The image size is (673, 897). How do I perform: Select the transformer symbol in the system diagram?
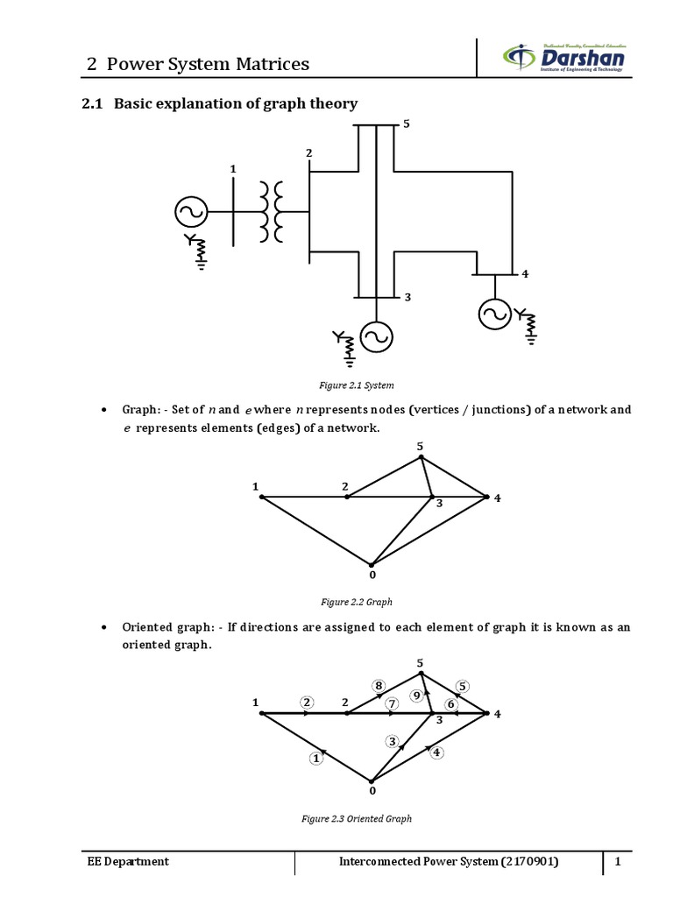272,212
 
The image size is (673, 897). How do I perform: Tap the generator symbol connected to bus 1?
190,211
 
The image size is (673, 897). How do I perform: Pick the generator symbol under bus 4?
494,313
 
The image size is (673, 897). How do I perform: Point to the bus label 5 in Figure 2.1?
406,124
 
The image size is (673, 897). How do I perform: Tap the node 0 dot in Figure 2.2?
372,565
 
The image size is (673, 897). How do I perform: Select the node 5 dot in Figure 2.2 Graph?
421,456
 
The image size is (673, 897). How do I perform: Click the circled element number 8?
379,685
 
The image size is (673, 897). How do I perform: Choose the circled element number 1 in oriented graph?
316,759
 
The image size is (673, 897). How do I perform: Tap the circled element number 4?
437,752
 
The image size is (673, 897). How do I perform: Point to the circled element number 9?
416,696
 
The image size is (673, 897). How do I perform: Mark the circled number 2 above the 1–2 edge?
307,702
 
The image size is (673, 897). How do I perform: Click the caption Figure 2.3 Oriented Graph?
356,818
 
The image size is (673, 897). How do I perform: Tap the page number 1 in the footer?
618,862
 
